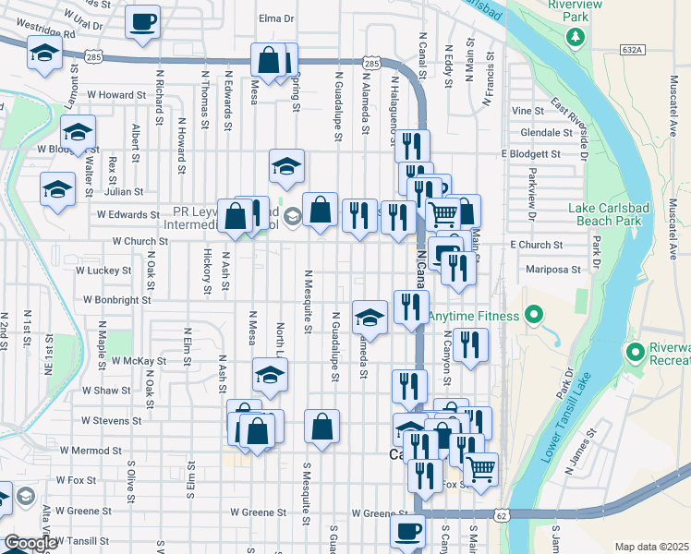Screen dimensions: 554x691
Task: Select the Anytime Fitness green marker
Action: tap(533, 317)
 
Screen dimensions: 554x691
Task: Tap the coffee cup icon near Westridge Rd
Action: tap(142, 23)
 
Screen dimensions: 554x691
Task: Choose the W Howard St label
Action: tap(116, 94)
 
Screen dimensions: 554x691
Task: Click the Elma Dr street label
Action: tap(276, 18)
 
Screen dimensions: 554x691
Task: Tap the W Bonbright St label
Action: tap(117, 300)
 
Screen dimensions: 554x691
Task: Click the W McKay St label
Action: tap(139, 361)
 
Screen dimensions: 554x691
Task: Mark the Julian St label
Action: tap(124, 192)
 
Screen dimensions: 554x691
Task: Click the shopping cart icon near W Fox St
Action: tap(480, 469)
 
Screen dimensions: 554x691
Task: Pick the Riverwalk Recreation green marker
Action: tap(636, 352)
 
